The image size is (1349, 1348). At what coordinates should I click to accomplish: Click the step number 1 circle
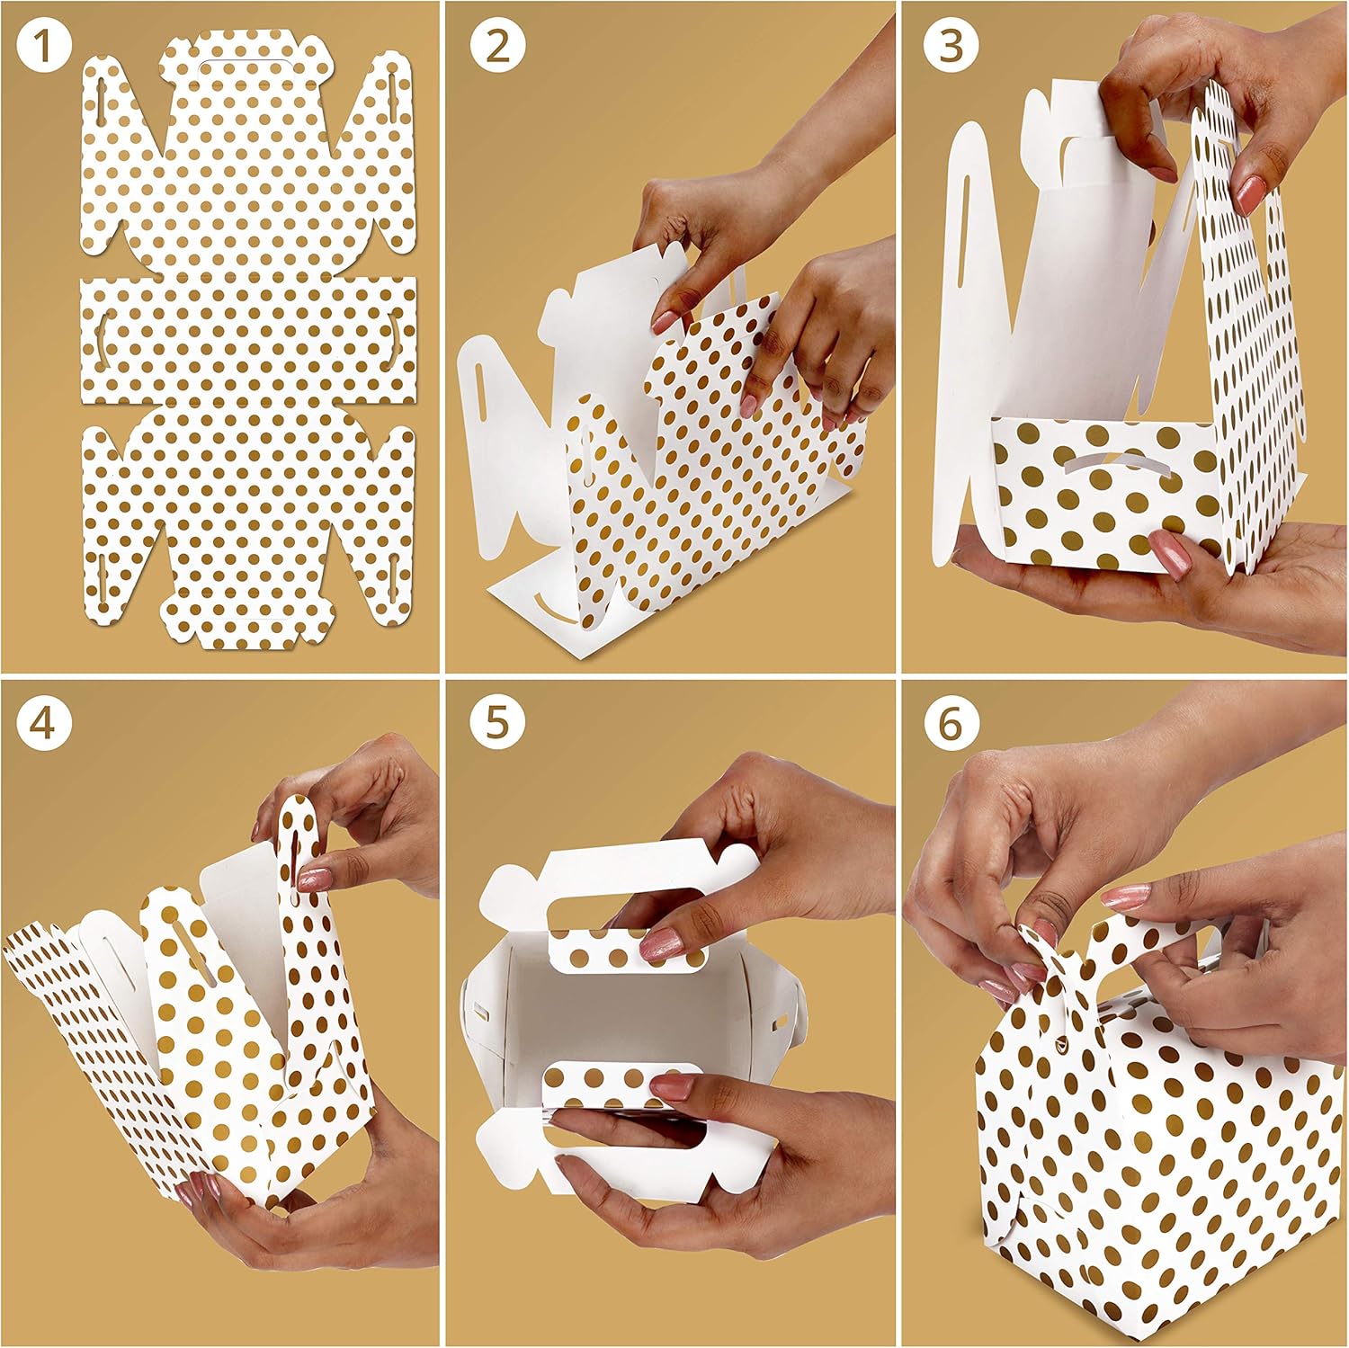tap(43, 47)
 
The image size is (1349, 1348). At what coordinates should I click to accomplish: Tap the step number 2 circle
tap(496, 47)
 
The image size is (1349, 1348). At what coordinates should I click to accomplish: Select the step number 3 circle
tap(951, 47)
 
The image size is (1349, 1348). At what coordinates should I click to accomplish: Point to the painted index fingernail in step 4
tap(314, 879)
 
